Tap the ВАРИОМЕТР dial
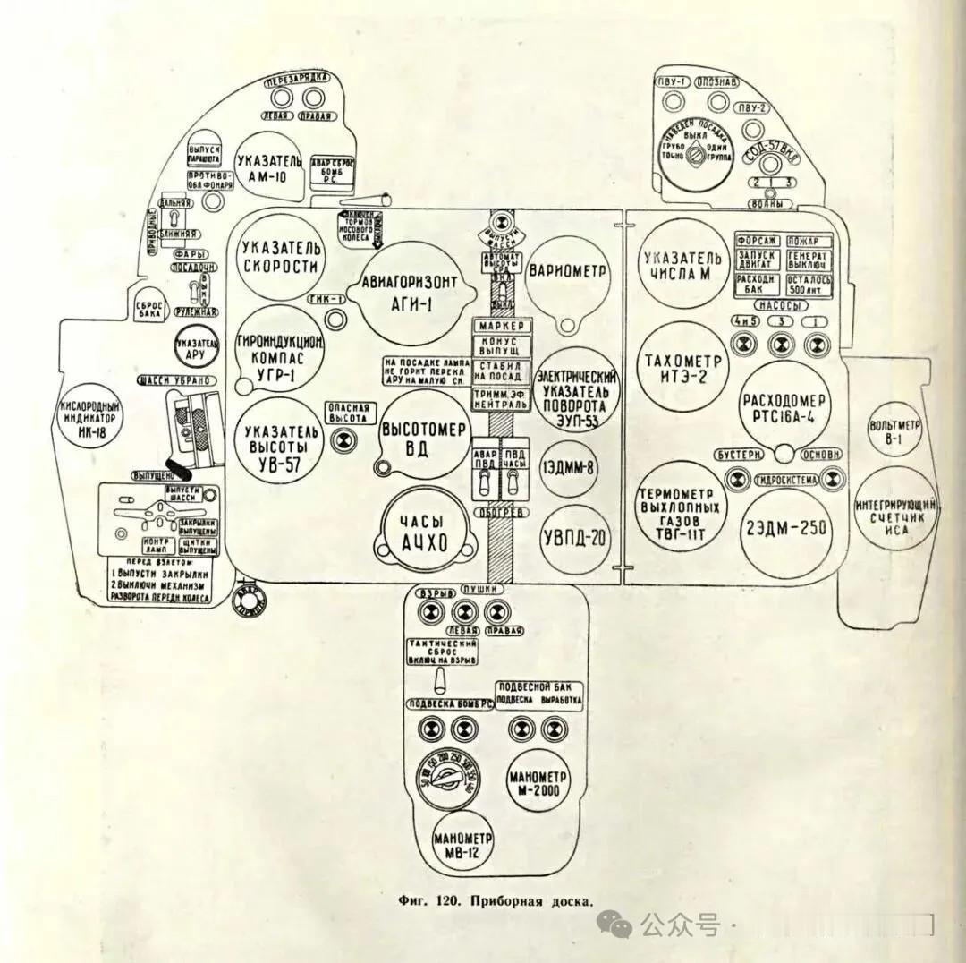click(x=568, y=272)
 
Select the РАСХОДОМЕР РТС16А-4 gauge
click(x=784, y=408)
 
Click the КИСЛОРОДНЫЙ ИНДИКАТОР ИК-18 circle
click(x=89, y=417)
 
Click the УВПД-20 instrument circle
click(x=573, y=538)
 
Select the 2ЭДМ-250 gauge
click(x=784, y=528)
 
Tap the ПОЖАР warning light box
click(x=809, y=241)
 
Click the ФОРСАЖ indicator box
click(x=758, y=241)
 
